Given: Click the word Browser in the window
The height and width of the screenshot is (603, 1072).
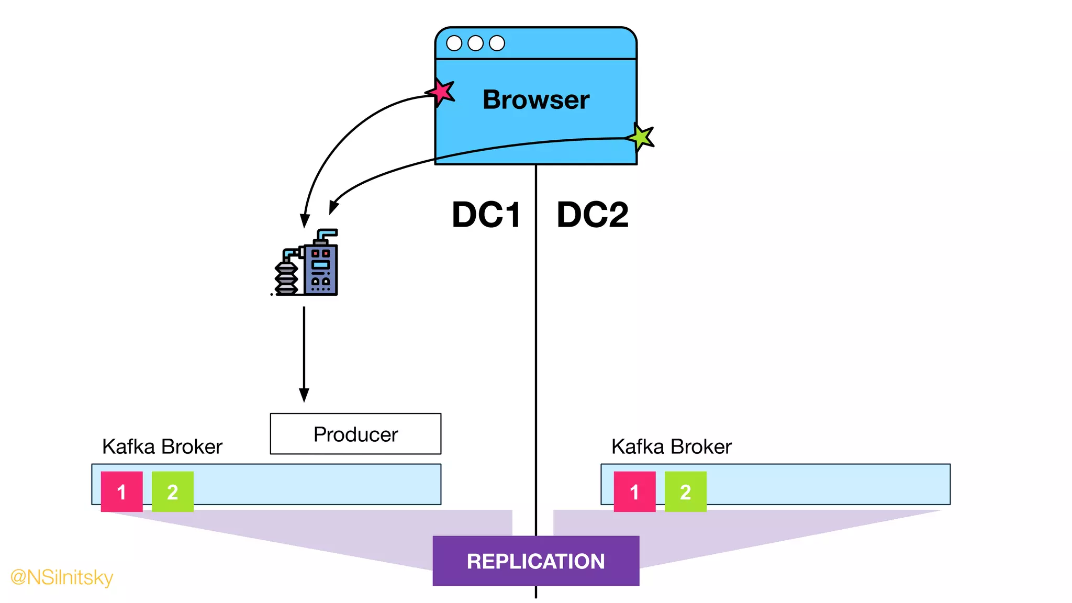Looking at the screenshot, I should [x=535, y=99].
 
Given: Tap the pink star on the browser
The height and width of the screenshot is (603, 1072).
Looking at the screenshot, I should [x=441, y=92].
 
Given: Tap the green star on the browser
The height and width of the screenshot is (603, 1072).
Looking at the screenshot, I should [x=641, y=137].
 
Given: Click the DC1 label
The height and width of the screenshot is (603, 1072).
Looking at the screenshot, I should [x=486, y=215].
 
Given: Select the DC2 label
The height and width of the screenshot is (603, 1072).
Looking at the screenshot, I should [x=593, y=215].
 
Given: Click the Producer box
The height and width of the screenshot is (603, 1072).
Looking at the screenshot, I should [x=355, y=434].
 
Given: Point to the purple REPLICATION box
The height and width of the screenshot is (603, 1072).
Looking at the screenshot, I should [x=535, y=561].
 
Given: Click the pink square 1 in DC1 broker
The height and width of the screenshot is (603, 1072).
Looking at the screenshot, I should [x=121, y=492].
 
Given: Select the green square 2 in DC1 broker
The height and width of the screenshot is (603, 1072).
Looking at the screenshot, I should [x=173, y=492].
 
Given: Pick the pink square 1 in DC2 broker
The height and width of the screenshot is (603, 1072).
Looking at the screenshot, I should [x=634, y=492].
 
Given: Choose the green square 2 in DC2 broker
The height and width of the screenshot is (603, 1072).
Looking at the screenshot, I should [x=686, y=492].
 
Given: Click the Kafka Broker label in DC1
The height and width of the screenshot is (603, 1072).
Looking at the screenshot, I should [x=162, y=446].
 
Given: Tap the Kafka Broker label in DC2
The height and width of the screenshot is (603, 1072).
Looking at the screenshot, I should [x=672, y=446].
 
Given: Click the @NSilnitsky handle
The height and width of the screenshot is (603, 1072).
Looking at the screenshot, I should [x=62, y=577].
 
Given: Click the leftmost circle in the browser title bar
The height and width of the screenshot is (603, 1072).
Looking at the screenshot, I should [x=454, y=43].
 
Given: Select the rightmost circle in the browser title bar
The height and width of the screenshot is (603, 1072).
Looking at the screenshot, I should [x=497, y=43].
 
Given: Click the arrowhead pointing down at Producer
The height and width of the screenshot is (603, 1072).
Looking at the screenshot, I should [x=304, y=395].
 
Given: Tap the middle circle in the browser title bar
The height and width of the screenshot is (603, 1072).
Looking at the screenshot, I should [x=475, y=43].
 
